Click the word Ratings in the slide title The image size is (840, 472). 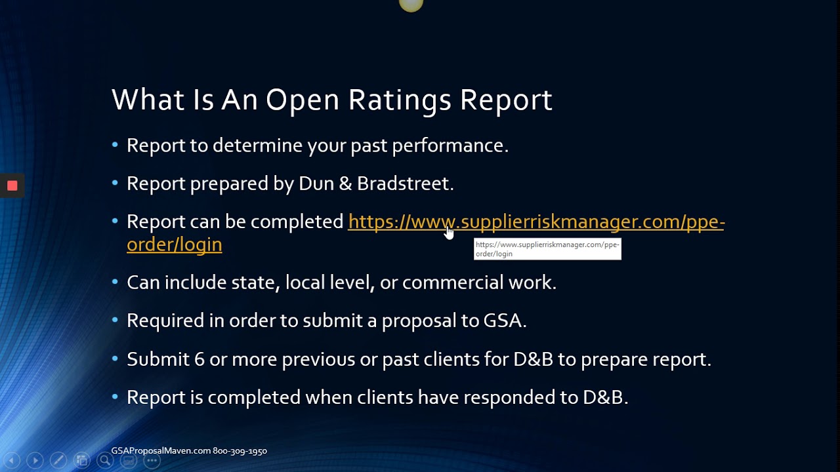point(400,100)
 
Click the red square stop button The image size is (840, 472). point(12,186)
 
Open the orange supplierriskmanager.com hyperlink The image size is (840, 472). point(535,222)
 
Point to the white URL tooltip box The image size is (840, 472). point(547,249)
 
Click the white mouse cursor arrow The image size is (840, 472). point(449,232)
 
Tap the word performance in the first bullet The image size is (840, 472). point(450,146)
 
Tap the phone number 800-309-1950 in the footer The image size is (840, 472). point(240,451)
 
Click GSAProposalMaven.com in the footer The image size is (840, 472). point(161,451)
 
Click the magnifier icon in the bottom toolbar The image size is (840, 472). point(105,461)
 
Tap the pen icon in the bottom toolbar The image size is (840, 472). point(58,461)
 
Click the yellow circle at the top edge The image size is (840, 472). point(411,5)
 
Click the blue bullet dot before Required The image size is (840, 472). point(115,321)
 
